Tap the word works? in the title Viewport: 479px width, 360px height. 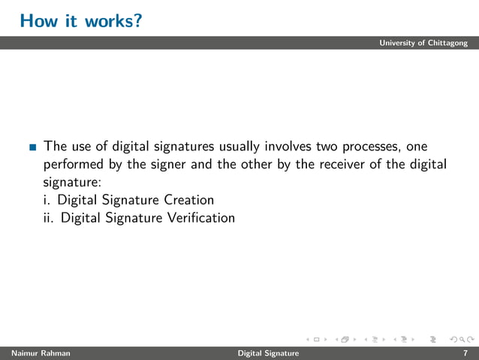pyautogui.click(x=111, y=21)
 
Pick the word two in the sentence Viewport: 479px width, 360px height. pyautogui.click(x=327, y=146)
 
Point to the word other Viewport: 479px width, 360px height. pyautogui.click(x=256, y=164)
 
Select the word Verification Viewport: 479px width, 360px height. pyautogui.click(x=199, y=219)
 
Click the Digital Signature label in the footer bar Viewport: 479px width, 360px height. pyautogui.click(x=268, y=353)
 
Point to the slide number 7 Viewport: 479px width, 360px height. pyautogui.click(x=465, y=353)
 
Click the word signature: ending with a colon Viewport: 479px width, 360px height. pyautogui.click(x=72, y=183)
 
